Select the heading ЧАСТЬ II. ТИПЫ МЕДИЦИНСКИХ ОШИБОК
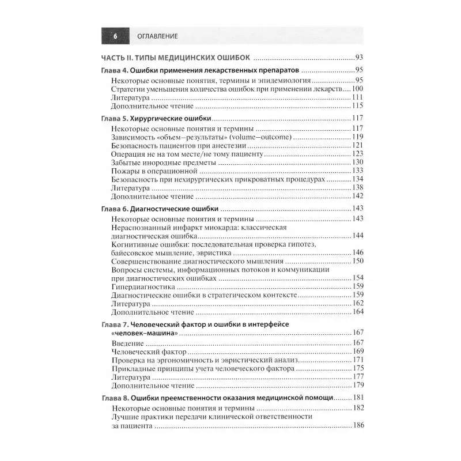[x=176, y=58]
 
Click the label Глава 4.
[x=115, y=70]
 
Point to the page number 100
[x=357, y=89]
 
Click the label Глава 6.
[x=115, y=208]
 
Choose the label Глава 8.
[x=115, y=398]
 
